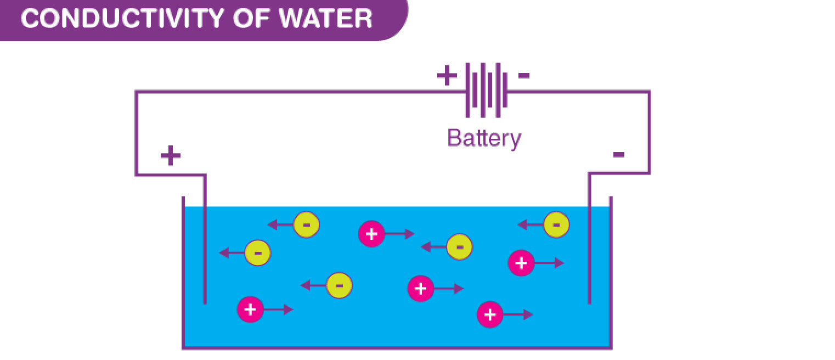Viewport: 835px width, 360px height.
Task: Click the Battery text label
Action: [483, 138]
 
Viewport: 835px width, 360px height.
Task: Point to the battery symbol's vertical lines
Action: [483, 90]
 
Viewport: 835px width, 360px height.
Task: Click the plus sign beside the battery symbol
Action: [447, 76]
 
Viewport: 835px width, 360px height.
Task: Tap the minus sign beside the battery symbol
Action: [524, 75]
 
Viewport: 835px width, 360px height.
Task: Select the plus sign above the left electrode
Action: [171, 156]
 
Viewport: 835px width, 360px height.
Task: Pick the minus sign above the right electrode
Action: [618, 155]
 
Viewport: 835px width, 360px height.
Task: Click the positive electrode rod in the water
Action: [205, 258]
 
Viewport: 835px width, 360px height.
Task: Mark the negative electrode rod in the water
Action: [589, 258]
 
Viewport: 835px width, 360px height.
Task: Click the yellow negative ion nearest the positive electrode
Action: [258, 253]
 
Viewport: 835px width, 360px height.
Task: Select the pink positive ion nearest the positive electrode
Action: [250, 310]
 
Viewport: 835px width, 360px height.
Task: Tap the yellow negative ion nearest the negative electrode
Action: [556, 224]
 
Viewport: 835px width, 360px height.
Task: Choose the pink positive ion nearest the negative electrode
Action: [521, 263]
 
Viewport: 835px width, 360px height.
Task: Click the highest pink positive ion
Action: [371, 234]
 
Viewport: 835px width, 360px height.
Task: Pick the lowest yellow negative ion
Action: [339, 285]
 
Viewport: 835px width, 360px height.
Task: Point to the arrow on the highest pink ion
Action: [399, 234]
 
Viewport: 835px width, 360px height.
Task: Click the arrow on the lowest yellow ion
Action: [313, 285]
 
